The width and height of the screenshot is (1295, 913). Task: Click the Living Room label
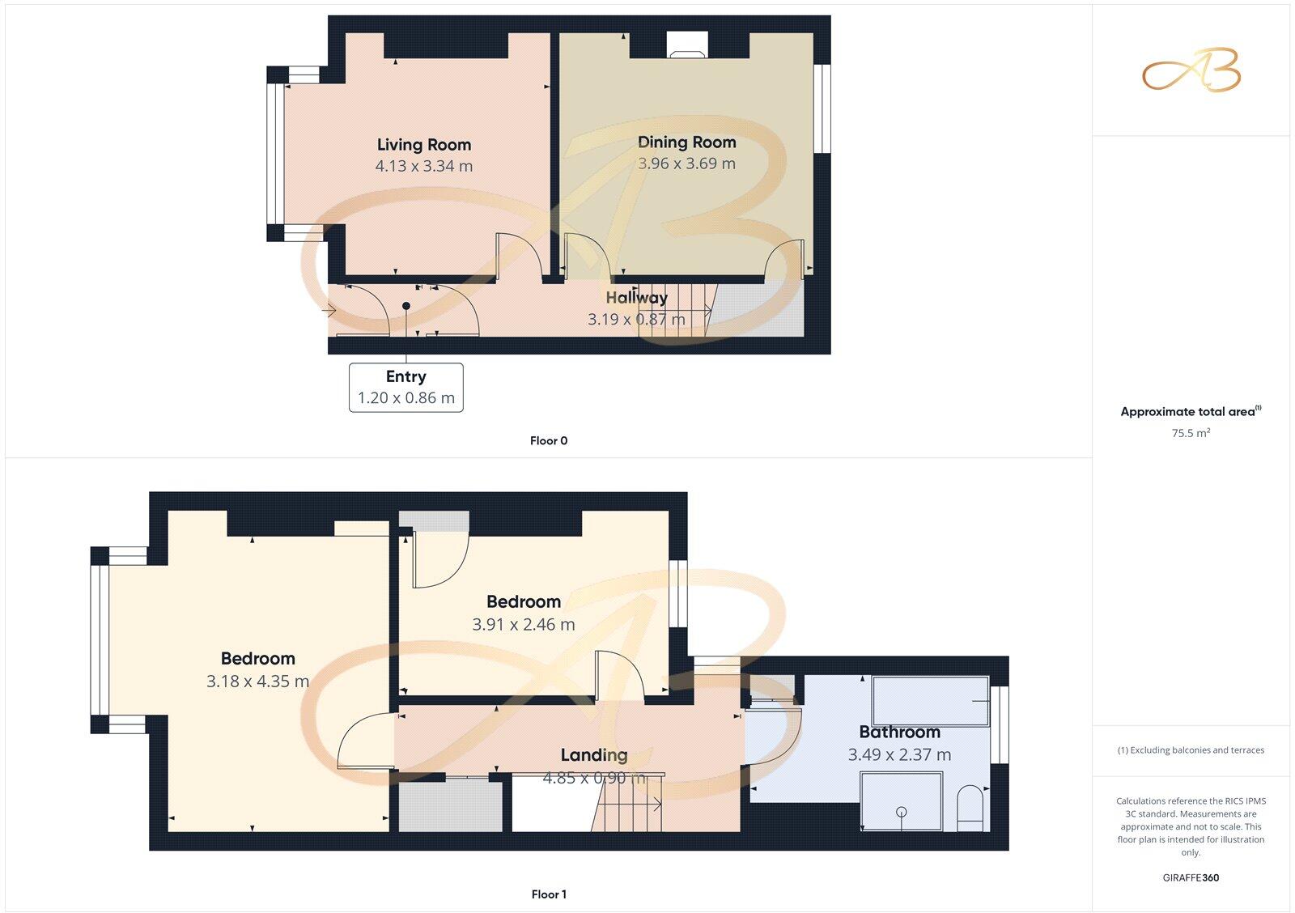[x=423, y=145]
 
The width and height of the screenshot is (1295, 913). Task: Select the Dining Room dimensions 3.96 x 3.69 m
[x=686, y=163]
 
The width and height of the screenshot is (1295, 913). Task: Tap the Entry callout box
[x=406, y=388]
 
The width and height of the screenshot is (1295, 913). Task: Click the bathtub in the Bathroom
[x=930, y=701]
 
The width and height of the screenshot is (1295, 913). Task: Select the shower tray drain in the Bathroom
[x=902, y=812]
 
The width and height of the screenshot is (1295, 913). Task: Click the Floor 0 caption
[x=549, y=441]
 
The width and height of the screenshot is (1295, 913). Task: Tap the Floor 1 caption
[x=549, y=894]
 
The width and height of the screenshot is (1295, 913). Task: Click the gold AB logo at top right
[x=1191, y=70]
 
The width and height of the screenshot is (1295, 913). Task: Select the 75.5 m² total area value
[x=1191, y=433]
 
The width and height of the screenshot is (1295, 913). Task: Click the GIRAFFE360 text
[x=1191, y=877]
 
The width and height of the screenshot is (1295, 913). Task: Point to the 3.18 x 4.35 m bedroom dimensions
[x=257, y=682]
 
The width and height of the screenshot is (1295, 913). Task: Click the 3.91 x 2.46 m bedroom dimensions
[x=524, y=625]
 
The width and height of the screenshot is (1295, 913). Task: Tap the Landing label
[x=594, y=755]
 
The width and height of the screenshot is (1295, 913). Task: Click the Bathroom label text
[x=899, y=733]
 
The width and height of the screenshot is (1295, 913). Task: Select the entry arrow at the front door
[x=329, y=311]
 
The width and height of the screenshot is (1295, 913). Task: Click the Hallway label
[x=637, y=298]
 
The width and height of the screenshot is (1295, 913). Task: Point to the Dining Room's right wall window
[x=822, y=108]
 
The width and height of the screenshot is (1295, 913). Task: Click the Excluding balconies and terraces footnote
[x=1191, y=750]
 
